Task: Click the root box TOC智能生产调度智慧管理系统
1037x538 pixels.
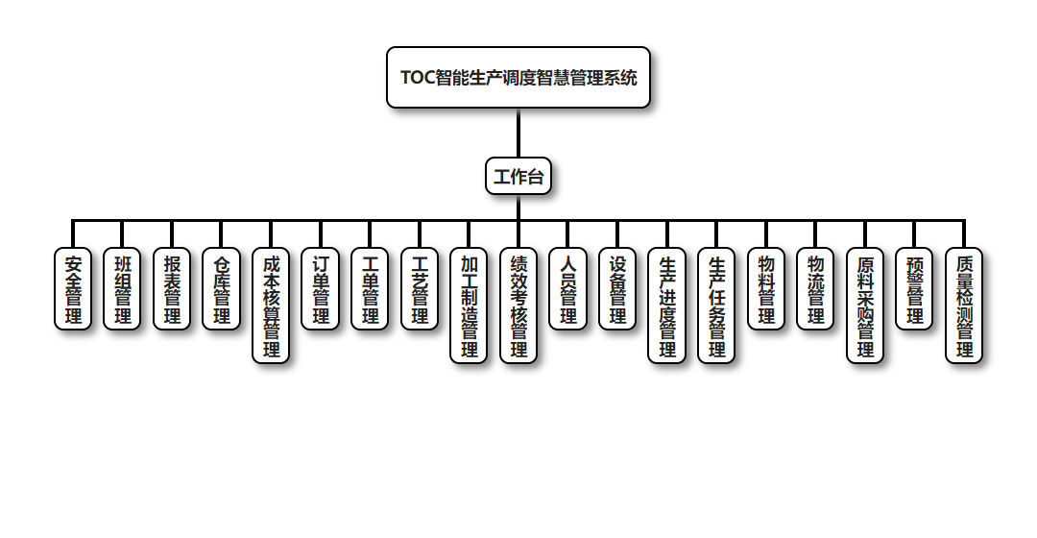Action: click(518, 78)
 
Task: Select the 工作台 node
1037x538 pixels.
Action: click(518, 177)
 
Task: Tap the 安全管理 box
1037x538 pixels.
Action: click(73, 289)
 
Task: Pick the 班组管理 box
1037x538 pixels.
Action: click(123, 289)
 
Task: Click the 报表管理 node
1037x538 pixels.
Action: click(172, 289)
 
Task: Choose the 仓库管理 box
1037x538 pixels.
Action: click(222, 289)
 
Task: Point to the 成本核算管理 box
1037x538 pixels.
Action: click(271, 306)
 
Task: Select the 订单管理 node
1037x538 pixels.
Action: click(321, 289)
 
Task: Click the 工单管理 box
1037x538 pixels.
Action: click(370, 289)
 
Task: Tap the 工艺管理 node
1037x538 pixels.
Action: click(420, 289)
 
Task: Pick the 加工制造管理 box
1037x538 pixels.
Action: click(470, 306)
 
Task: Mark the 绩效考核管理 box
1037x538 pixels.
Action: click(518, 306)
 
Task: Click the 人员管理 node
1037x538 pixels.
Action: click(568, 289)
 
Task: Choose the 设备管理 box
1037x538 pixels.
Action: click(617, 289)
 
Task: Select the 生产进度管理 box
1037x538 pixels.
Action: click(667, 306)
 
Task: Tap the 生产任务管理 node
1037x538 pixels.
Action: click(716, 306)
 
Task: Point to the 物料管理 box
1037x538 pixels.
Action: click(766, 289)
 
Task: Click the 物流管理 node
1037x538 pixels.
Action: click(815, 289)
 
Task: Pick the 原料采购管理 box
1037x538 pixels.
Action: click(865, 306)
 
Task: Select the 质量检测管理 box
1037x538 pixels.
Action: click(964, 306)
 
